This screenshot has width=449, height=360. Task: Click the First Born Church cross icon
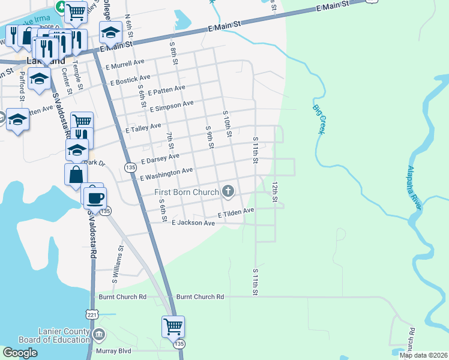point(228,191)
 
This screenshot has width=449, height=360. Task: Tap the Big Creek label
point(317,119)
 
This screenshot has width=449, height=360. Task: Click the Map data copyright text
point(423,355)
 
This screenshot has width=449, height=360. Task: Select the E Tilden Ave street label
point(236,212)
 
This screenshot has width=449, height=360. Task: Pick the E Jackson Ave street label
point(193,223)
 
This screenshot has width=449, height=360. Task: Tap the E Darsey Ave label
point(160,159)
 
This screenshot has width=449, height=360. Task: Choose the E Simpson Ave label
point(172,106)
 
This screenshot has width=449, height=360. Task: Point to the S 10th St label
point(227,122)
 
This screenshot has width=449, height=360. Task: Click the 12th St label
point(276,192)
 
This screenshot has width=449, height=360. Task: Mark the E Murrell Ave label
point(124,63)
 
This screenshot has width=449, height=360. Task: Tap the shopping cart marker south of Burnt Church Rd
point(173,327)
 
